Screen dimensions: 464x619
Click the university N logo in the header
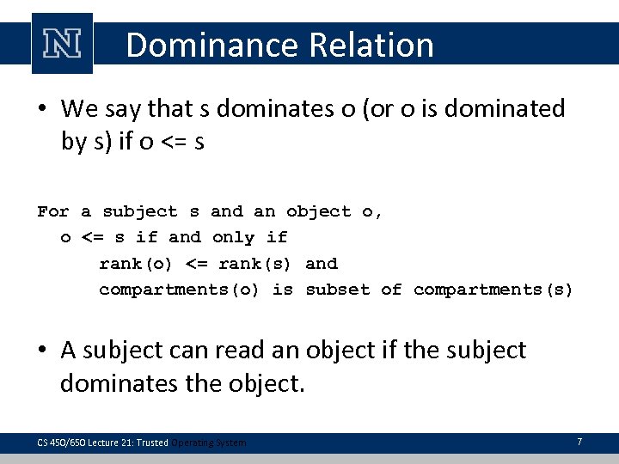coord(61,43)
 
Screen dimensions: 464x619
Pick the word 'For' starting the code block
coord(53,211)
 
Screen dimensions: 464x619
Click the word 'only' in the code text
coord(233,237)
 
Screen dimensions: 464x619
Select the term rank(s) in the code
coord(254,264)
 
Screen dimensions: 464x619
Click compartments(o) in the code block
coord(179,290)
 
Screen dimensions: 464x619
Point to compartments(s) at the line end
coord(493,290)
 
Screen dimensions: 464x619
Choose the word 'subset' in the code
coord(337,290)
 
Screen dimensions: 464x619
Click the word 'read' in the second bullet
coord(253,351)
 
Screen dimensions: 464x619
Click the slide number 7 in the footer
coord(579,442)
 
